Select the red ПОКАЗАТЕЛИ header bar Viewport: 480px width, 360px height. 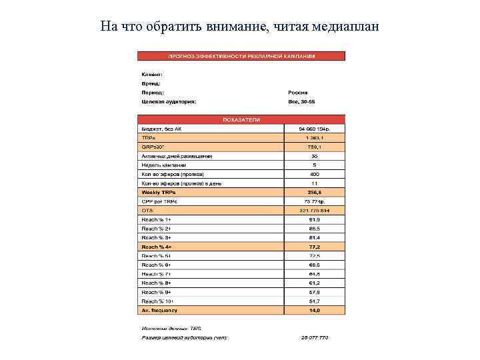pos(241,119)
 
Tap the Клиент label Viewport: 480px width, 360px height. pos(152,74)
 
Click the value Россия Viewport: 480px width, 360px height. pos(298,93)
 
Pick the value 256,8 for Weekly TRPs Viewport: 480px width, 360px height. pos(315,192)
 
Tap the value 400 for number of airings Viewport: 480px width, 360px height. pos(315,174)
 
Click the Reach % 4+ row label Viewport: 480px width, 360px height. pos(157,247)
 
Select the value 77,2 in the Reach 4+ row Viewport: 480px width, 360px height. pos(315,247)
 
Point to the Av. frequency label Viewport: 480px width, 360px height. pos(158,310)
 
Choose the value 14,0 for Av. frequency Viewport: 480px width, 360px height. pos(315,310)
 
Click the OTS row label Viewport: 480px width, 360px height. pos(147,210)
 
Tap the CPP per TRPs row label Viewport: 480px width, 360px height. pos(159,201)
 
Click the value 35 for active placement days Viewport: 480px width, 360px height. pos(315,156)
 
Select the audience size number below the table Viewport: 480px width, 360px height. pos(314,337)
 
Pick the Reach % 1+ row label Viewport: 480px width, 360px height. pos(156,219)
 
